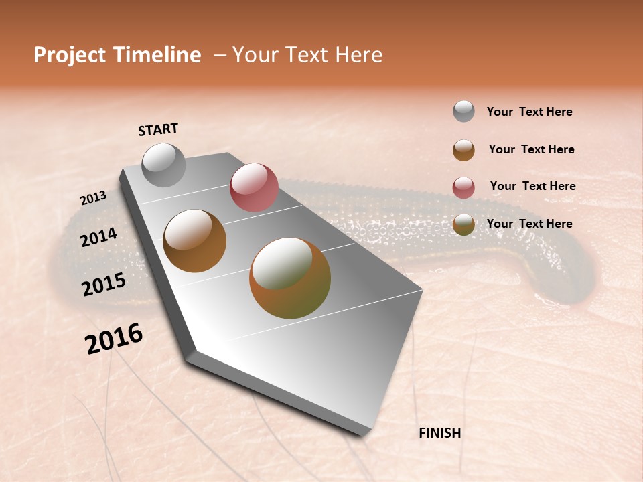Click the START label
(x=158, y=129)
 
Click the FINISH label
(x=439, y=433)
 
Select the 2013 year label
(x=94, y=197)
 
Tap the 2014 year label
(x=98, y=237)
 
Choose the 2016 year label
(x=114, y=339)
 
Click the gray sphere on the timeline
(x=163, y=165)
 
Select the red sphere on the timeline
(x=254, y=187)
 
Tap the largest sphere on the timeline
(x=290, y=278)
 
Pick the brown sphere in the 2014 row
(x=195, y=241)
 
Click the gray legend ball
(x=463, y=112)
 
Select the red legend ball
(x=463, y=187)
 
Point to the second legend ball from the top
(x=463, y=150)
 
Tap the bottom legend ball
(x=463, y=225)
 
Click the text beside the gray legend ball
(x=529, y=112)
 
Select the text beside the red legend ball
(x=532, y=186)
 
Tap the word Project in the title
(x=70, y=55)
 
